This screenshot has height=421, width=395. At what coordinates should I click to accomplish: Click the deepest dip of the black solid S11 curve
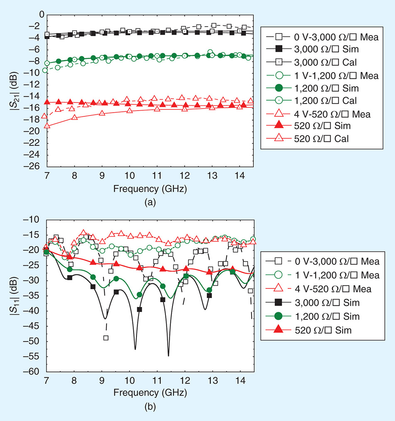tap(168, 355)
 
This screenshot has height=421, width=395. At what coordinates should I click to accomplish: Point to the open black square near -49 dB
tap(106, 337)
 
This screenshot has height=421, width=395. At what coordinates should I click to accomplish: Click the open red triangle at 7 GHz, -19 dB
tap(47, 126)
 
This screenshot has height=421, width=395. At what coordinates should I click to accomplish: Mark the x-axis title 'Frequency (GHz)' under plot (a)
tap(149, 189)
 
